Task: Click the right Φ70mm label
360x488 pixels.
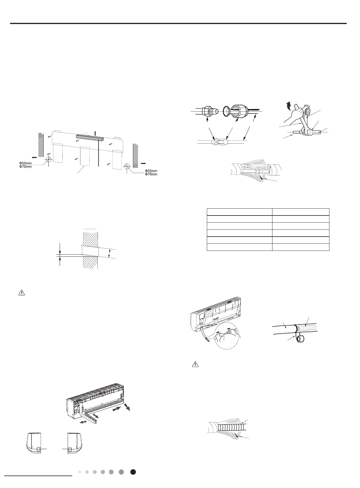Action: (151, 174)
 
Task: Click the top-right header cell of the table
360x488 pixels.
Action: (300, 212)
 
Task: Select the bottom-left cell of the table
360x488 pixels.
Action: (239, 247)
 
